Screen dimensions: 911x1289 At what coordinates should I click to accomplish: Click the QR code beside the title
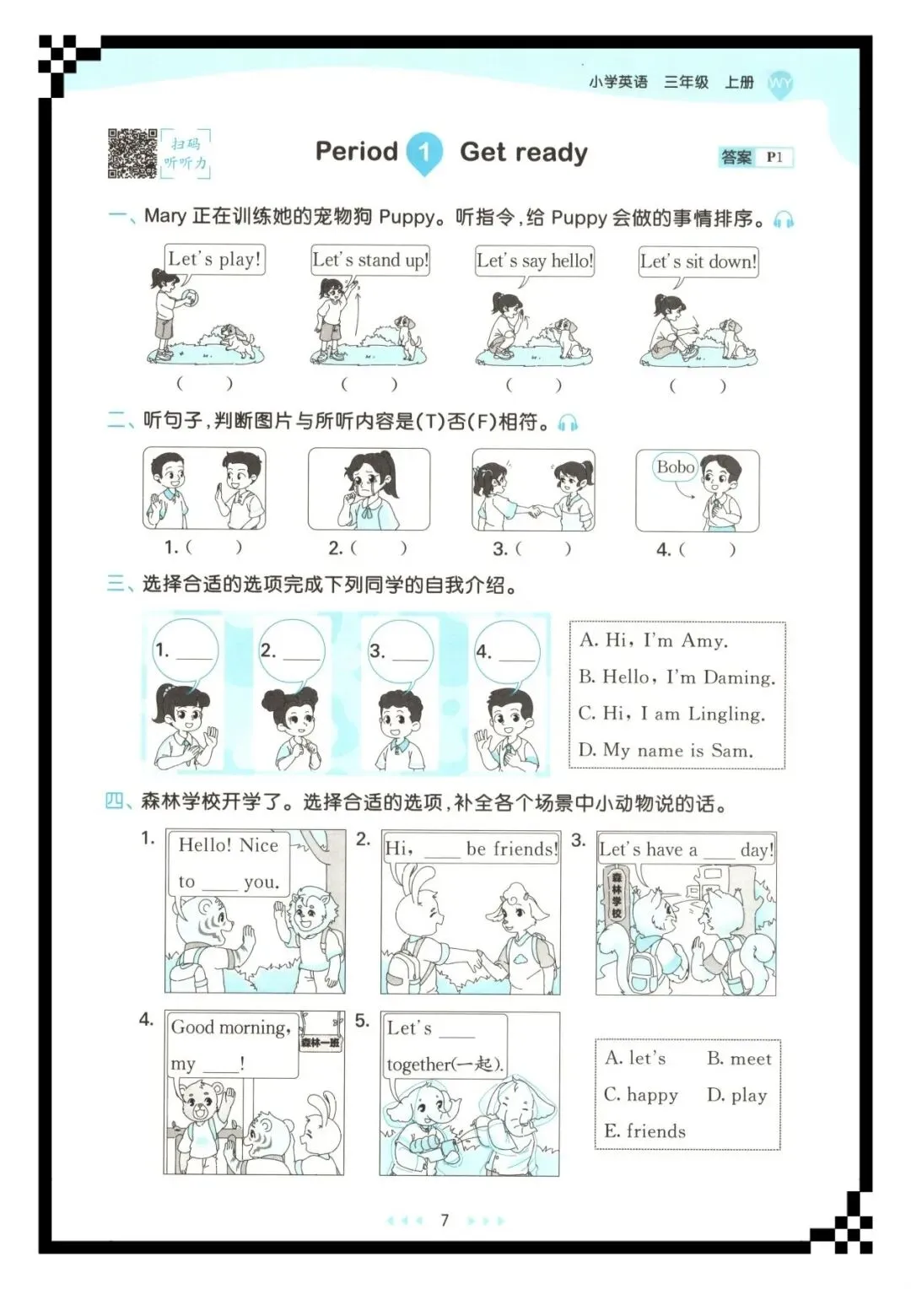[x=132, y=153]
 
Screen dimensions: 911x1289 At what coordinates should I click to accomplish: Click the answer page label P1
[x=774, y=157]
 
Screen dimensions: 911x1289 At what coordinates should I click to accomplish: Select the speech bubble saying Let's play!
[x=214, y=260]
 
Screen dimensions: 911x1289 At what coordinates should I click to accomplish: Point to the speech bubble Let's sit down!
[x=698, y=262]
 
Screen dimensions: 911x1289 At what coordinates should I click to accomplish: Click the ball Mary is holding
[x=189, y=298]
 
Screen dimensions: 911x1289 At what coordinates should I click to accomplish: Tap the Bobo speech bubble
[x=675, y=467]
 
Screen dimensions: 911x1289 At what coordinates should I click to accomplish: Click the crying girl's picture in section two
[x=369, y=489]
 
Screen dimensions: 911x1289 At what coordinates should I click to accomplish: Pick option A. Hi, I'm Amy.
[x=653, y=640]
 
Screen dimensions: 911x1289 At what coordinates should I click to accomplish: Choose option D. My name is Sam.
[x=666, y=750]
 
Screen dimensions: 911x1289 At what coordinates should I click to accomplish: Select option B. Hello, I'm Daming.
[x=677, y=677]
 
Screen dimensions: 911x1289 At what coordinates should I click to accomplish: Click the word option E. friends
[x=644, y=1131]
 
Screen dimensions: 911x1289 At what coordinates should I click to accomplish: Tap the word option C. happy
[x=640, y=1095]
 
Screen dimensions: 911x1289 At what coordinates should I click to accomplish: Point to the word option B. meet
[x=739, y=1059]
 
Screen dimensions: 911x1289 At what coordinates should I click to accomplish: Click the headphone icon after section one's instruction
[x=784, y=219]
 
